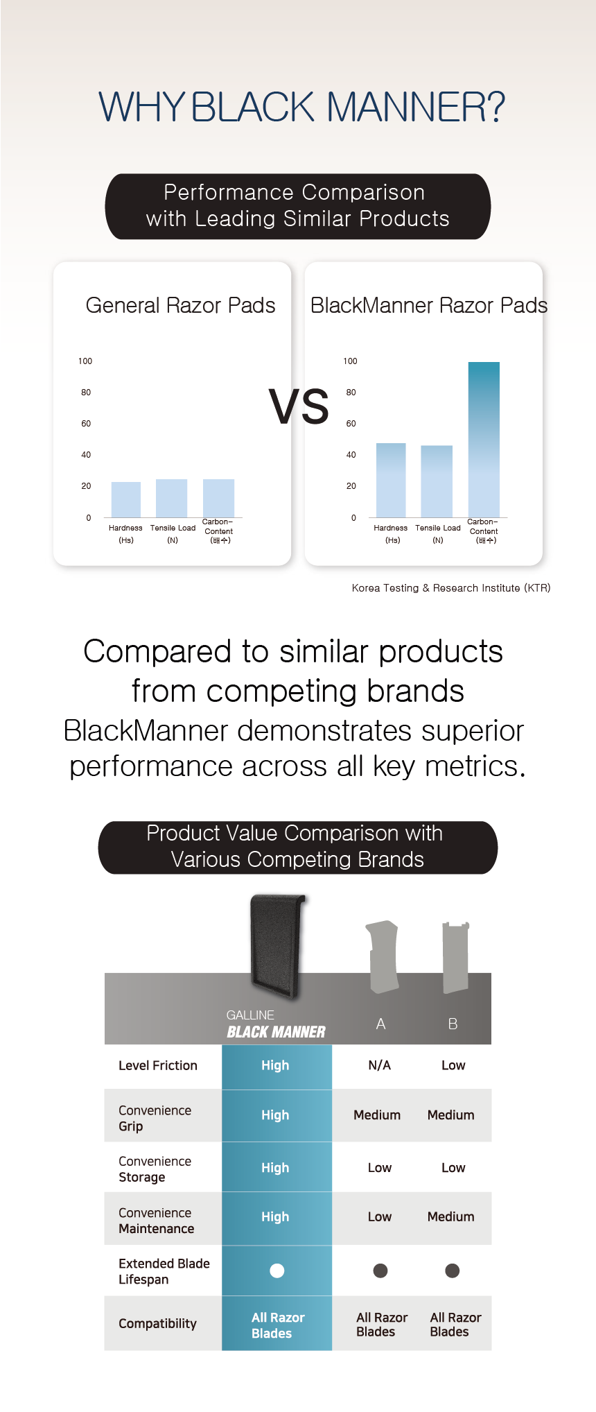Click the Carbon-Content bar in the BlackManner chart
(x=484, y=440)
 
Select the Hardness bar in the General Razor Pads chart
(x=126, y=499)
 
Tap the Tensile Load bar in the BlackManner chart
(x=437, y=481)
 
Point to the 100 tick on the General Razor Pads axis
(x=85, y=361)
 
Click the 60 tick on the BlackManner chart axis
(x=351, y=424)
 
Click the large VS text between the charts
(x=299, y=406)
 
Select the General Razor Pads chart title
(x=180, y=305)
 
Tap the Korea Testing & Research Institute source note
(x=451, y=588)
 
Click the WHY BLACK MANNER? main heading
(x=302, y=107)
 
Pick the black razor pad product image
(x=277, y=947)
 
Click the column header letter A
(x=380, y=1024)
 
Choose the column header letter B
(x=453, y=1024)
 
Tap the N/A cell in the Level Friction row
(x=380, y=1065)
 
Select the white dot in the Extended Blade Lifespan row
(x=277, y=1271)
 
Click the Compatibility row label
(x=157, y=1323)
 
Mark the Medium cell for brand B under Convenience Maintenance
(x=451, y=1216)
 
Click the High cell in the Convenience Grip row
(x=275, y=1115)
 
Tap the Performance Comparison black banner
(x=298, y=206)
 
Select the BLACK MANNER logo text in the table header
(x=276, y=1032)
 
